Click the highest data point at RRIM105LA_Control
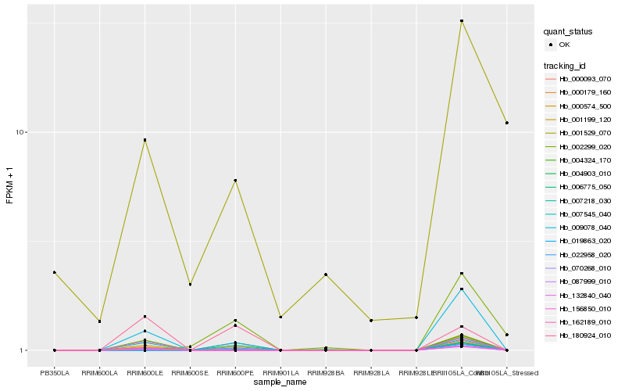coord(462,21)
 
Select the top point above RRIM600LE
coord(145,140)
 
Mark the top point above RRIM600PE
coord(235,181)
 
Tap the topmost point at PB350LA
coord(54,272)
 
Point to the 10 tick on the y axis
coord(22,132)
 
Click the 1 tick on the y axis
coord(24,350)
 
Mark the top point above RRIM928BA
coord(326,274)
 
